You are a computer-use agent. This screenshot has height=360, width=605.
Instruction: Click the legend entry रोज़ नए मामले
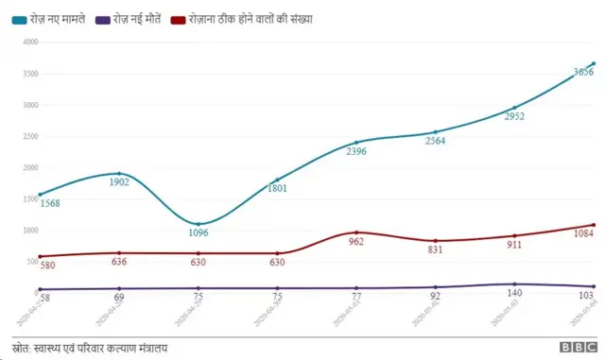49,18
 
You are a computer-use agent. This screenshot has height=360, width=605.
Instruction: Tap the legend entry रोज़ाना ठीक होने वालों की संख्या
251,18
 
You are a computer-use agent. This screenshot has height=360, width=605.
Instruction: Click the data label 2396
356,152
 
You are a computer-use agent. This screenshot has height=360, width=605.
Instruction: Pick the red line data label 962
356,242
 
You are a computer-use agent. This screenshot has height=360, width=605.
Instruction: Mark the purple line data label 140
514,295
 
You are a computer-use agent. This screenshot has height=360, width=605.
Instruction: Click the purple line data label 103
585,297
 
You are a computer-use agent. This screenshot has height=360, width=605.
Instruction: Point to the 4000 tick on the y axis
28,43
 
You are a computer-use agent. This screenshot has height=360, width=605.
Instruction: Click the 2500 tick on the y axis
28,137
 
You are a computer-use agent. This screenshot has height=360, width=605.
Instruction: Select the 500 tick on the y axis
30,262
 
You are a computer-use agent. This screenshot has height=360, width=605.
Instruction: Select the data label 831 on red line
435,250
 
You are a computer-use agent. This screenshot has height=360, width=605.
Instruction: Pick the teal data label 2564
435,141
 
